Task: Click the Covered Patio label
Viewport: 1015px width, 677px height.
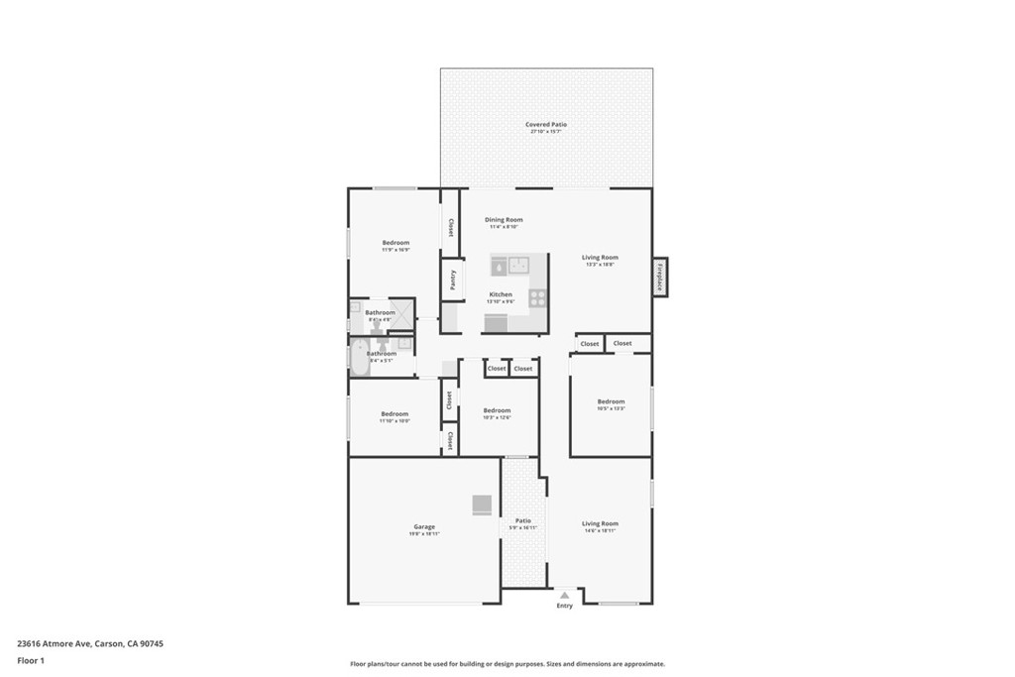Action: click(x=546, y=125)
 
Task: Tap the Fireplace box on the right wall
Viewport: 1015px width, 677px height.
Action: click(x=659, y=277)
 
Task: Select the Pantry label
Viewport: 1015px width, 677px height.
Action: click(x=453, y=279)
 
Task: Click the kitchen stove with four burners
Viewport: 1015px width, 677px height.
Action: click(x=537, y=296)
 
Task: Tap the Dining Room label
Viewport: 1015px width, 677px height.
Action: click(x=504, y=219)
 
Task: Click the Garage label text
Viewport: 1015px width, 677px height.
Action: click(x=423, y=526)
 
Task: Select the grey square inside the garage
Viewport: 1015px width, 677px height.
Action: click(x=482, y=505)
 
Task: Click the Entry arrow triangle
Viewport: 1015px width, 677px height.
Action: click(x=565, y=596)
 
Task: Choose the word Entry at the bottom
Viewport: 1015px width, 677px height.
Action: click(x=565, y=606)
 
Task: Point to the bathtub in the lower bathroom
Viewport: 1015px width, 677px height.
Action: click(x=359, y=358)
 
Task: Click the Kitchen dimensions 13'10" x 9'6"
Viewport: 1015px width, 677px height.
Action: click(x=501, y=302)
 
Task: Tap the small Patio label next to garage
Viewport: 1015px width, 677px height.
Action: click(x=522, y=520)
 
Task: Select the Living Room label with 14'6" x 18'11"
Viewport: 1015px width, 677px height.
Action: click(x=600, y=523)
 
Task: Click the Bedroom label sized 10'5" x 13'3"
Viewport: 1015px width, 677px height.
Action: click(x=611, y=401)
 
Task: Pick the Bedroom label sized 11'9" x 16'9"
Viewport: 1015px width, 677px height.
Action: click(x=395, y=243)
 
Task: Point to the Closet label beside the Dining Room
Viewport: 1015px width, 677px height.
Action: click(x=451, y=227)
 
